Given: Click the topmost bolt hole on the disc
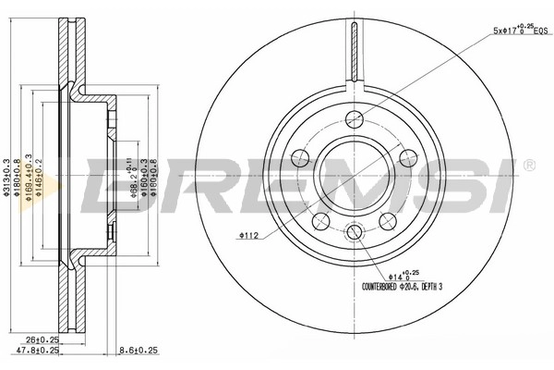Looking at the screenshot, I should click(x=355, y=117).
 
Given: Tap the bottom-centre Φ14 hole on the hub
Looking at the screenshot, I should click(x=355, y=232).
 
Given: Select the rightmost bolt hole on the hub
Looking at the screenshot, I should click(x=407, y=157).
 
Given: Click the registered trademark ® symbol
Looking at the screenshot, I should click(x=528, y=165).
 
